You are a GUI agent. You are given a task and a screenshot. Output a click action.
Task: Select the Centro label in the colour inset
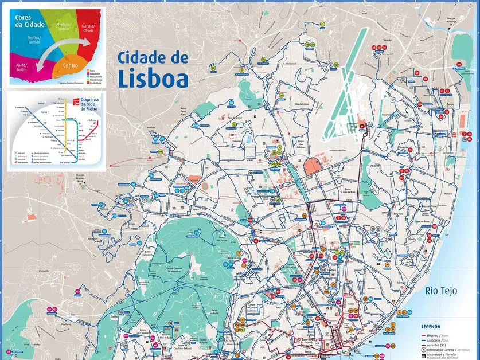pyautogui.click(x=71, y=66)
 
